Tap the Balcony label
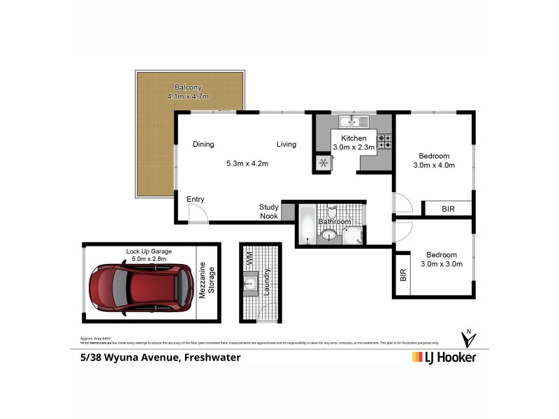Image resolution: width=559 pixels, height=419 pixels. pos(189,87)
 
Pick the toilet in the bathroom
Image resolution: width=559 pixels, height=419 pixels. pos(332,211)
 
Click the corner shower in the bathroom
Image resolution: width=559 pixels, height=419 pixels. pos(354,235)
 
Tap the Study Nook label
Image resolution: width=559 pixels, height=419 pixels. pos(269,212)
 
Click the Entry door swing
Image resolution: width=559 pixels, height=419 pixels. pos(198,214)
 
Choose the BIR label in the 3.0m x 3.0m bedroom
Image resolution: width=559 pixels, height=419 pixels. pos(402,274)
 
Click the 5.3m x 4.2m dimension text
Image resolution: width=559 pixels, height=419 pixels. pos(247,163)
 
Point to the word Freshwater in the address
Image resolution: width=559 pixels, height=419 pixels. pos(212,358)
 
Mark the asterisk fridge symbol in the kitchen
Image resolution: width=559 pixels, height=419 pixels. pos(323,163)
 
